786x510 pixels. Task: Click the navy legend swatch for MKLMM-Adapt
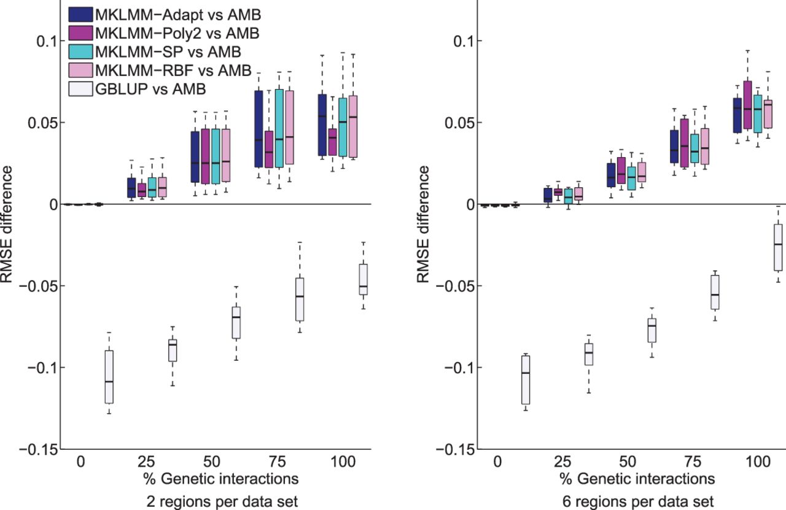click(80, 14)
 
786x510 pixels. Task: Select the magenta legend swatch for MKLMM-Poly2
click(80, 33)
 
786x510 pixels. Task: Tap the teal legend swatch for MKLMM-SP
click(80, 52)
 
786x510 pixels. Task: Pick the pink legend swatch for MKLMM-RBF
click(80, 70)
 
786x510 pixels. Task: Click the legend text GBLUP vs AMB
click(150, 89)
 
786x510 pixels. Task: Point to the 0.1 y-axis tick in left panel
click(47, 41)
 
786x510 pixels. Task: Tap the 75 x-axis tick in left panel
click(278, 462)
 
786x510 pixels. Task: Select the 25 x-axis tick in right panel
click(563, 462)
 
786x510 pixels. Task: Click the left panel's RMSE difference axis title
click(6, 225)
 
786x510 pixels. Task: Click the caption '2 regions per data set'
click(222, 501)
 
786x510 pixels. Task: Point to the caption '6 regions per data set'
click(638, 501)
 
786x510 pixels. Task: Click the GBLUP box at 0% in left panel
click(109, 377)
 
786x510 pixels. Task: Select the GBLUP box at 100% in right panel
click(778, 247)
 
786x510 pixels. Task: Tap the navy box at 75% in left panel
click(259, 129)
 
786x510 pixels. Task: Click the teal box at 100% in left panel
click(343, 127)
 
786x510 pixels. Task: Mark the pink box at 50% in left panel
click(227, 155)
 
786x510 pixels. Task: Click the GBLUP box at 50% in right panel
click(652, 330)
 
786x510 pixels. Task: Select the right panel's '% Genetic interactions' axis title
click(637, 479)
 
